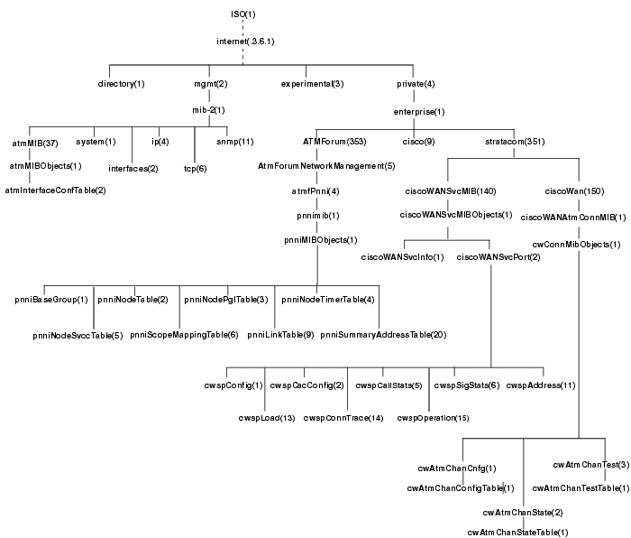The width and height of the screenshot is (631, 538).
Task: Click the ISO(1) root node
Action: (x=242, y=14)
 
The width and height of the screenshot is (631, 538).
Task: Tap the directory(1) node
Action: (x=121, y=84)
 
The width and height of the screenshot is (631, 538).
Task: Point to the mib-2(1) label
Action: (x=208, y=110)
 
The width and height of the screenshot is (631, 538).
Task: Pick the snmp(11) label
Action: (x=234, y=142)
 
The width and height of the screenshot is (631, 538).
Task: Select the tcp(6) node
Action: (x=196, y=168)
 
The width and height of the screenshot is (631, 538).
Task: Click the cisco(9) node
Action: (x=417, y=142)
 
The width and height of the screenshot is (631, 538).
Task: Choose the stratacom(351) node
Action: (x=511, y=142)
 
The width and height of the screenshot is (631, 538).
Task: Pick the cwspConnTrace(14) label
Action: (x=343, y=417)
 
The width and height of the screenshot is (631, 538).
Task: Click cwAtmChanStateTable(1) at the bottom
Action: (x=517, y=532)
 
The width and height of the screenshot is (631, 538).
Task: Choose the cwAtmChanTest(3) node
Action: (x=590, y=465)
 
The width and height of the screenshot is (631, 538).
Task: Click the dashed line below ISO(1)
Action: (x=242, y=27)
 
